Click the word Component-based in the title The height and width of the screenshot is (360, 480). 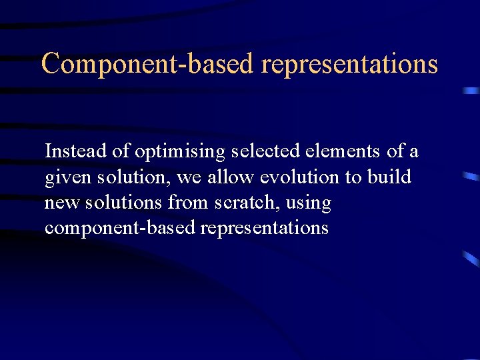(148, 64)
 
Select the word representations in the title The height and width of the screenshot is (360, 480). (349, 64)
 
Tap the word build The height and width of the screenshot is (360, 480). (389, 177)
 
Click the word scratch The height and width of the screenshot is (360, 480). (257, 203)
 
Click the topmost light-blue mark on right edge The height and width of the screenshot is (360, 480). (471, 90)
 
